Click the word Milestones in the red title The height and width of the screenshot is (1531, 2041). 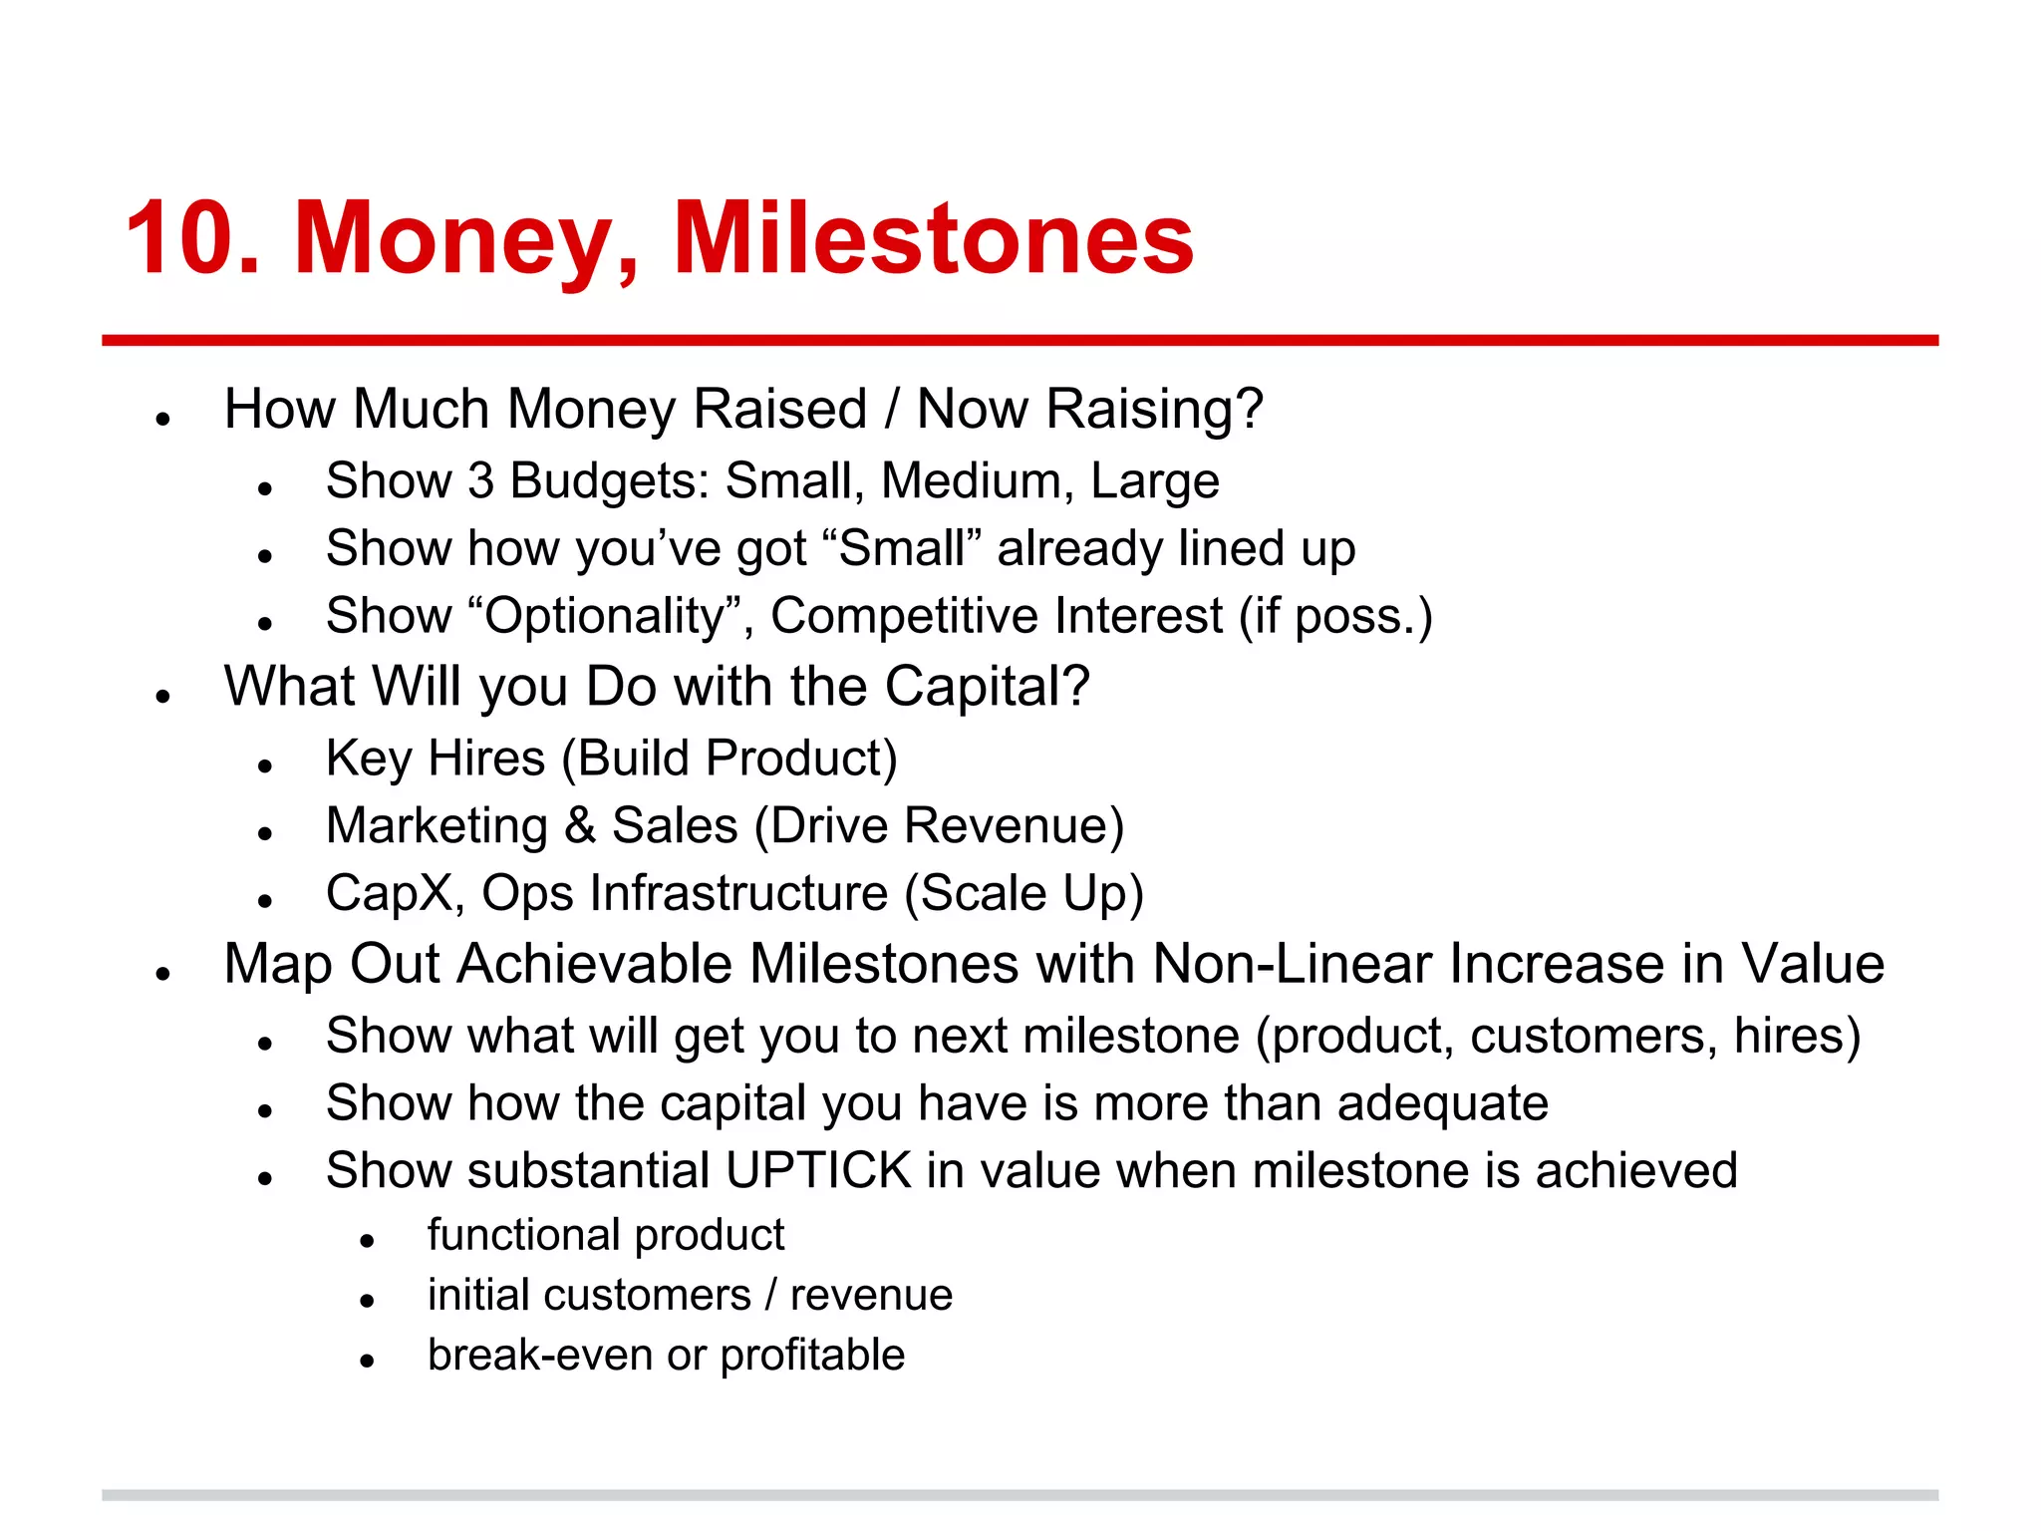[933, 239]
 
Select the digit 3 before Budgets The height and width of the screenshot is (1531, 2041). [480, 481]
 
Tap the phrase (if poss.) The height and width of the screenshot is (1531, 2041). [1334, 616]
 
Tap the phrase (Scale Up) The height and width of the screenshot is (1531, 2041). [1022, 893]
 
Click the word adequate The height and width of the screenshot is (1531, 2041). [1441, 1103]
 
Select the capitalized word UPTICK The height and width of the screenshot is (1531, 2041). [818, 1170]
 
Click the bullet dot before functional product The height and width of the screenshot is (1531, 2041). [367, 1240]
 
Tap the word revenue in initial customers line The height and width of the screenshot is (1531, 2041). [871, 1295]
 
